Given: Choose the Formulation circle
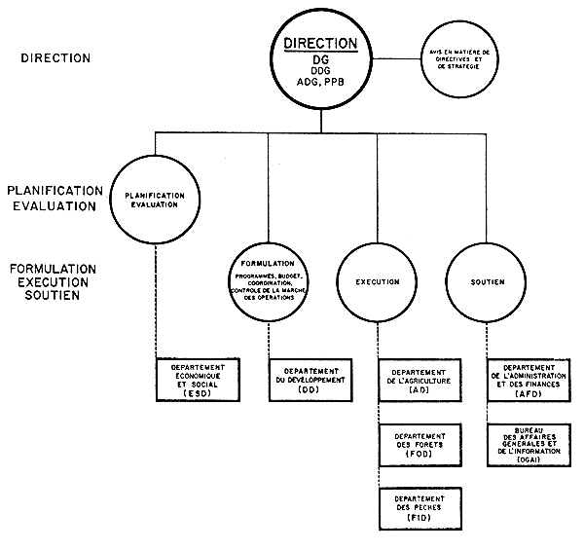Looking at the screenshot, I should point(266,281).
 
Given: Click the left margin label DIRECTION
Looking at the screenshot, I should point(55,58).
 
